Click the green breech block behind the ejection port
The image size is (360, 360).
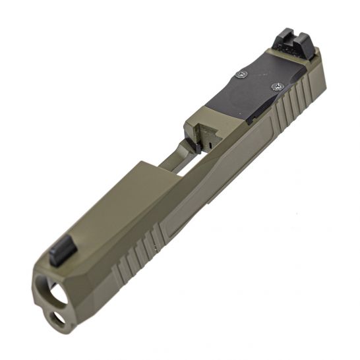[x=204, y=122]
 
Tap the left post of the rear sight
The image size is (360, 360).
[x=280, y=40]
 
